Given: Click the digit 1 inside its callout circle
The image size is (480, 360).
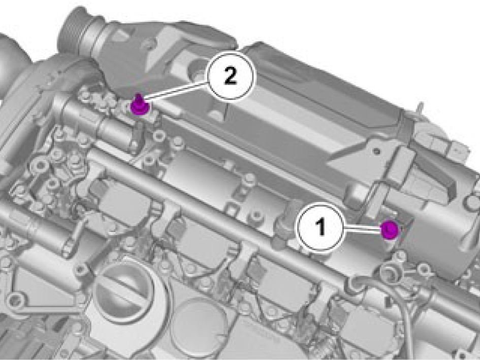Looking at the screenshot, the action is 321,227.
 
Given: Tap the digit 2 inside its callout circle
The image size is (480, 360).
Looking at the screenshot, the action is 230,76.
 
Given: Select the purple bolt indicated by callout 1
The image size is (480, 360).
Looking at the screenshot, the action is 389,230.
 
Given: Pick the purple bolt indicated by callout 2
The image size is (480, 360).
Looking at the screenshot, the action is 140,105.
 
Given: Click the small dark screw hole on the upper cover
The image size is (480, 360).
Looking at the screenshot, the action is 377,151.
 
